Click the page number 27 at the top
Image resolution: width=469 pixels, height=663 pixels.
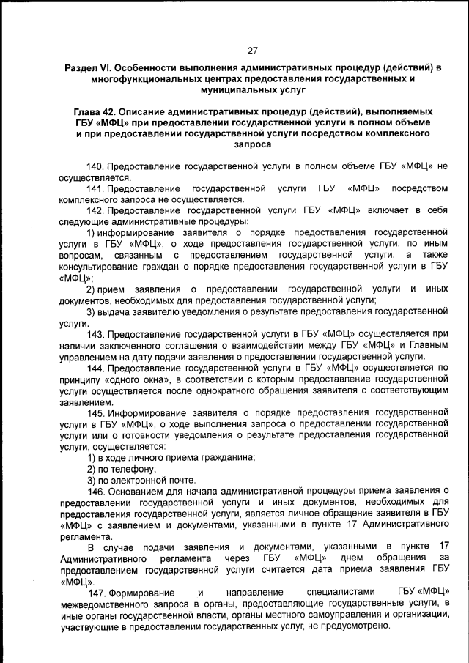pyautogui.click(x=252, y=51)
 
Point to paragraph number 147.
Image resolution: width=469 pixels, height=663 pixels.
pyautogui.click(x=97, y=593)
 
